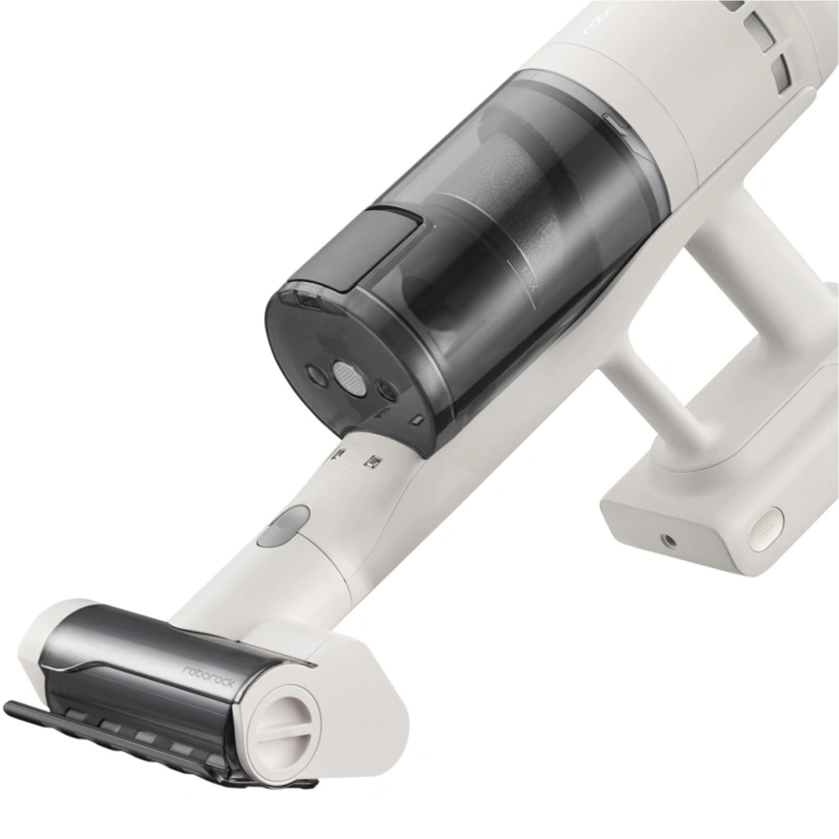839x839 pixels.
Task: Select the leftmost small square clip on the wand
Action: (339, 452)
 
